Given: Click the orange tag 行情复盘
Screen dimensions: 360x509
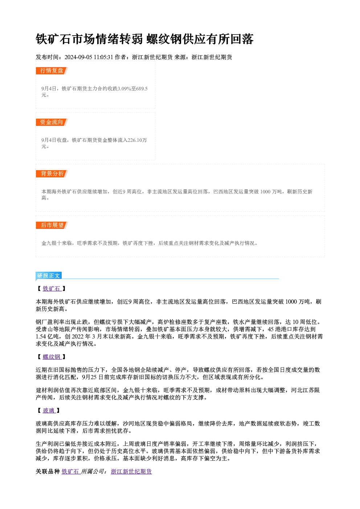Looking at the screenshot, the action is [52, 71].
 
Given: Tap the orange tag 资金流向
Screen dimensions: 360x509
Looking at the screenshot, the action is [52, 122].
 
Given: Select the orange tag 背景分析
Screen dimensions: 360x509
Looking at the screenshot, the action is [52, 174].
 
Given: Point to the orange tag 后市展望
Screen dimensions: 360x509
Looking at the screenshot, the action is [52, 225].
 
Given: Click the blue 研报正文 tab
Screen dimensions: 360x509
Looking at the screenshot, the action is [49, 276].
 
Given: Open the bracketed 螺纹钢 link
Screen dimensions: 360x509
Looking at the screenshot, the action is [52, 357].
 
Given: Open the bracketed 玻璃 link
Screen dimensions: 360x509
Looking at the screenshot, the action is [49, 411].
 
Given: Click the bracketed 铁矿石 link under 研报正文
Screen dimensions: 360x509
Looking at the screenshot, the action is [52, 289].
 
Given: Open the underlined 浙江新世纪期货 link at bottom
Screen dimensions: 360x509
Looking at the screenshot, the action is [131, 472].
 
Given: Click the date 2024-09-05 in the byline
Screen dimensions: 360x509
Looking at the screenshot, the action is [78, 57].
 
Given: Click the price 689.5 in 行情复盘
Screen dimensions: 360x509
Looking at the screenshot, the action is [142, 89].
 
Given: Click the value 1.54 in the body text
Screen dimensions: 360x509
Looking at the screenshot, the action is [41, 337].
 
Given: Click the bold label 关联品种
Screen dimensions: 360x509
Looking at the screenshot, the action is [48, 472].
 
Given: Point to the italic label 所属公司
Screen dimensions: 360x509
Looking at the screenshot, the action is [93, 472].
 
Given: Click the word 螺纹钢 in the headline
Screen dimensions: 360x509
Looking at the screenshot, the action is [164, 39].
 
